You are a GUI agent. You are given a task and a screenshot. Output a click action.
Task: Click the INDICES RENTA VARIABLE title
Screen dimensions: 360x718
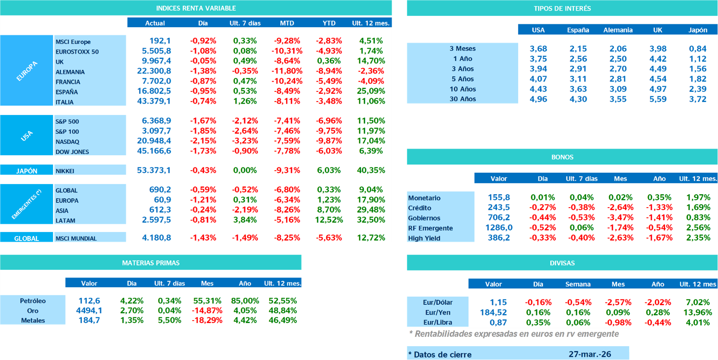click(196, 8)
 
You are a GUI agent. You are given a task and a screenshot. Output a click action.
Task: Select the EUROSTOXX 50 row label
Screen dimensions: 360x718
click(77, 52)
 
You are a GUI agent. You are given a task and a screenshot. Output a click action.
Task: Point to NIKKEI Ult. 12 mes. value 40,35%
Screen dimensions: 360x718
click(371, 170)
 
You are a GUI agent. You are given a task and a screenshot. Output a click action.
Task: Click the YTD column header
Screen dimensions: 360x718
click(329, 23)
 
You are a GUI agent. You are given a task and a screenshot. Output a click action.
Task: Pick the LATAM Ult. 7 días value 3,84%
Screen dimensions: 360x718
click(245, 220)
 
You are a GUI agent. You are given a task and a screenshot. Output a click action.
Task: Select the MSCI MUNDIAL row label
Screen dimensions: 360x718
click(76, 239)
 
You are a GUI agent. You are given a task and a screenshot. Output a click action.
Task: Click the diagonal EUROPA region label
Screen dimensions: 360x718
click(27, 71)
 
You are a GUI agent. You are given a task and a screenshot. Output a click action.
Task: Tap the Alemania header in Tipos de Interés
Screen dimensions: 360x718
click(618, 30)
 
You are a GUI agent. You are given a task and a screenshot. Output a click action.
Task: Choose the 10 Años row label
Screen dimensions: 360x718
click(462, 89)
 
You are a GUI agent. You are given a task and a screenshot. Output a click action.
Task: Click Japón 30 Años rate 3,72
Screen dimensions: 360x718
click(698, 99)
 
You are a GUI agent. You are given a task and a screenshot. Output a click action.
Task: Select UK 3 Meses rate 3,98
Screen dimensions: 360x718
click(657, 49)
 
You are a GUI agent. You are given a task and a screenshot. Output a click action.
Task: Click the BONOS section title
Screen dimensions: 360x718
click(562, 157)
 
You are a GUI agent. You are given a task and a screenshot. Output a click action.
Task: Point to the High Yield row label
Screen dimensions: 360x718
click(424, 238)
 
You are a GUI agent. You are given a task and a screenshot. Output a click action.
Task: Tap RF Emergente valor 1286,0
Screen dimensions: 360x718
click(499, 228)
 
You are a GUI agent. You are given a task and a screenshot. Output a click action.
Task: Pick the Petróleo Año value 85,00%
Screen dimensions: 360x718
click(245, 301)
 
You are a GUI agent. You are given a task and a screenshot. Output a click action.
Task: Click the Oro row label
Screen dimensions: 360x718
click(33, 311)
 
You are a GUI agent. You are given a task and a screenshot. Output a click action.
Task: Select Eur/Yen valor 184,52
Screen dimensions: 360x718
click(493, 312)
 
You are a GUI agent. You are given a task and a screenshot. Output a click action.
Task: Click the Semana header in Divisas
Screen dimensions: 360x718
click(578, 284)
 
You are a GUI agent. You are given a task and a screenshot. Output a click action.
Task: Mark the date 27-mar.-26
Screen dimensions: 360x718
click(590, 354)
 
